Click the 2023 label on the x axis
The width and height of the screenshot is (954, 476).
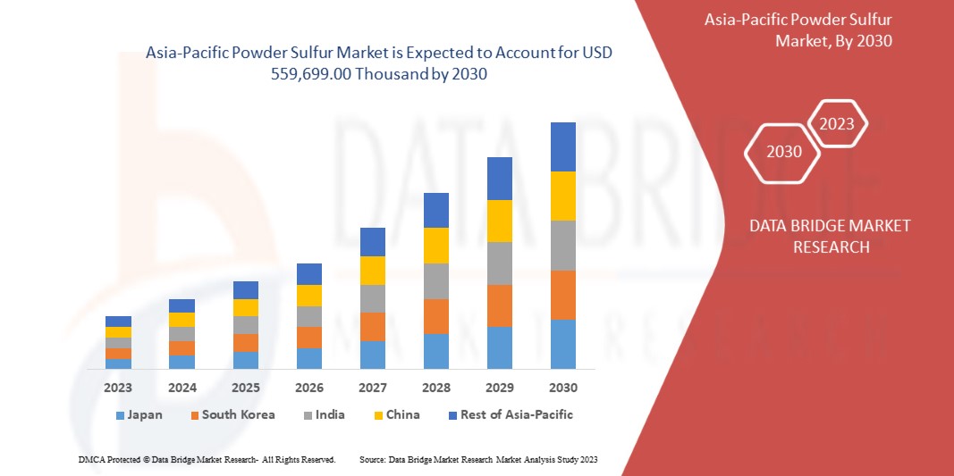[x=118, y=388]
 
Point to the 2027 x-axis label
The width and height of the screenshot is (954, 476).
[x=373, y=388]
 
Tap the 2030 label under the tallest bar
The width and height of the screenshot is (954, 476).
[x=563, y=388]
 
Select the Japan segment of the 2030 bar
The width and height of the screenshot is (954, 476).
[x=563, y=344]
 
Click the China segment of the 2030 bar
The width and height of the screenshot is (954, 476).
[x=563, y=196]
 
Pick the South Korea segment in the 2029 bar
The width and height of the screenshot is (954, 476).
[x=500, y=305]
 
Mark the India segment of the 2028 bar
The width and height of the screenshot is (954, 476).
[x=436, y=280]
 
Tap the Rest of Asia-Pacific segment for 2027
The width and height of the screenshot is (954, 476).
[x=373, y=242]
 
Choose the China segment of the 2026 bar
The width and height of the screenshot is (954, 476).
[x=309, y=296]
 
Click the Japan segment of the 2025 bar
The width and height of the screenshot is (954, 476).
[x=246, y=360]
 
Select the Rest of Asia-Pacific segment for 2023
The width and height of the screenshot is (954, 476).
[x=118, y=322]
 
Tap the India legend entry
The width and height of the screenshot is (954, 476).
[x=326, y=415]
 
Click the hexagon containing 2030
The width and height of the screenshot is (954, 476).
[x=784, y=152]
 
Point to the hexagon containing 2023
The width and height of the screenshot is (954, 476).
[x=837, y=124]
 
